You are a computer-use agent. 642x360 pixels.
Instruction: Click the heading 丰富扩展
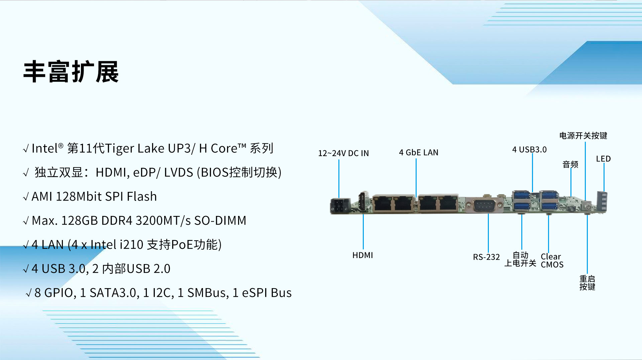(71, 72)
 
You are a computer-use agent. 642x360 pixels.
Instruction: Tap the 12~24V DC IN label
(343, 153)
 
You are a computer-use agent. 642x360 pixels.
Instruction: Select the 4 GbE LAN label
(419, 152)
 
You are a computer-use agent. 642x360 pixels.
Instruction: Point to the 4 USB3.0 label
(529, 149)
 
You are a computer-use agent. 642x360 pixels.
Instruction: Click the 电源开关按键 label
(583, 135)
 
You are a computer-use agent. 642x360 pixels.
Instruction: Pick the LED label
(603, 159)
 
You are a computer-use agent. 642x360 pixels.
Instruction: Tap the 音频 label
(570, 164)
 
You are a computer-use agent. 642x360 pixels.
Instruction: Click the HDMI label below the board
(362, 255)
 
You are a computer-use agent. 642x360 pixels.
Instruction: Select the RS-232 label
(486, 257)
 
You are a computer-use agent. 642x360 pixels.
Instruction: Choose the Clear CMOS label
(552, 260)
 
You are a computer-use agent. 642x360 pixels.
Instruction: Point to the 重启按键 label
(587, 283)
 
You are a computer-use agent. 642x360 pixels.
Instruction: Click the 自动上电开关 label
(520, 259)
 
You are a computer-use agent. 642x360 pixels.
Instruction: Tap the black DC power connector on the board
(340, 206)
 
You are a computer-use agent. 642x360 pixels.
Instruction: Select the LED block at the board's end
(602, 202)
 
